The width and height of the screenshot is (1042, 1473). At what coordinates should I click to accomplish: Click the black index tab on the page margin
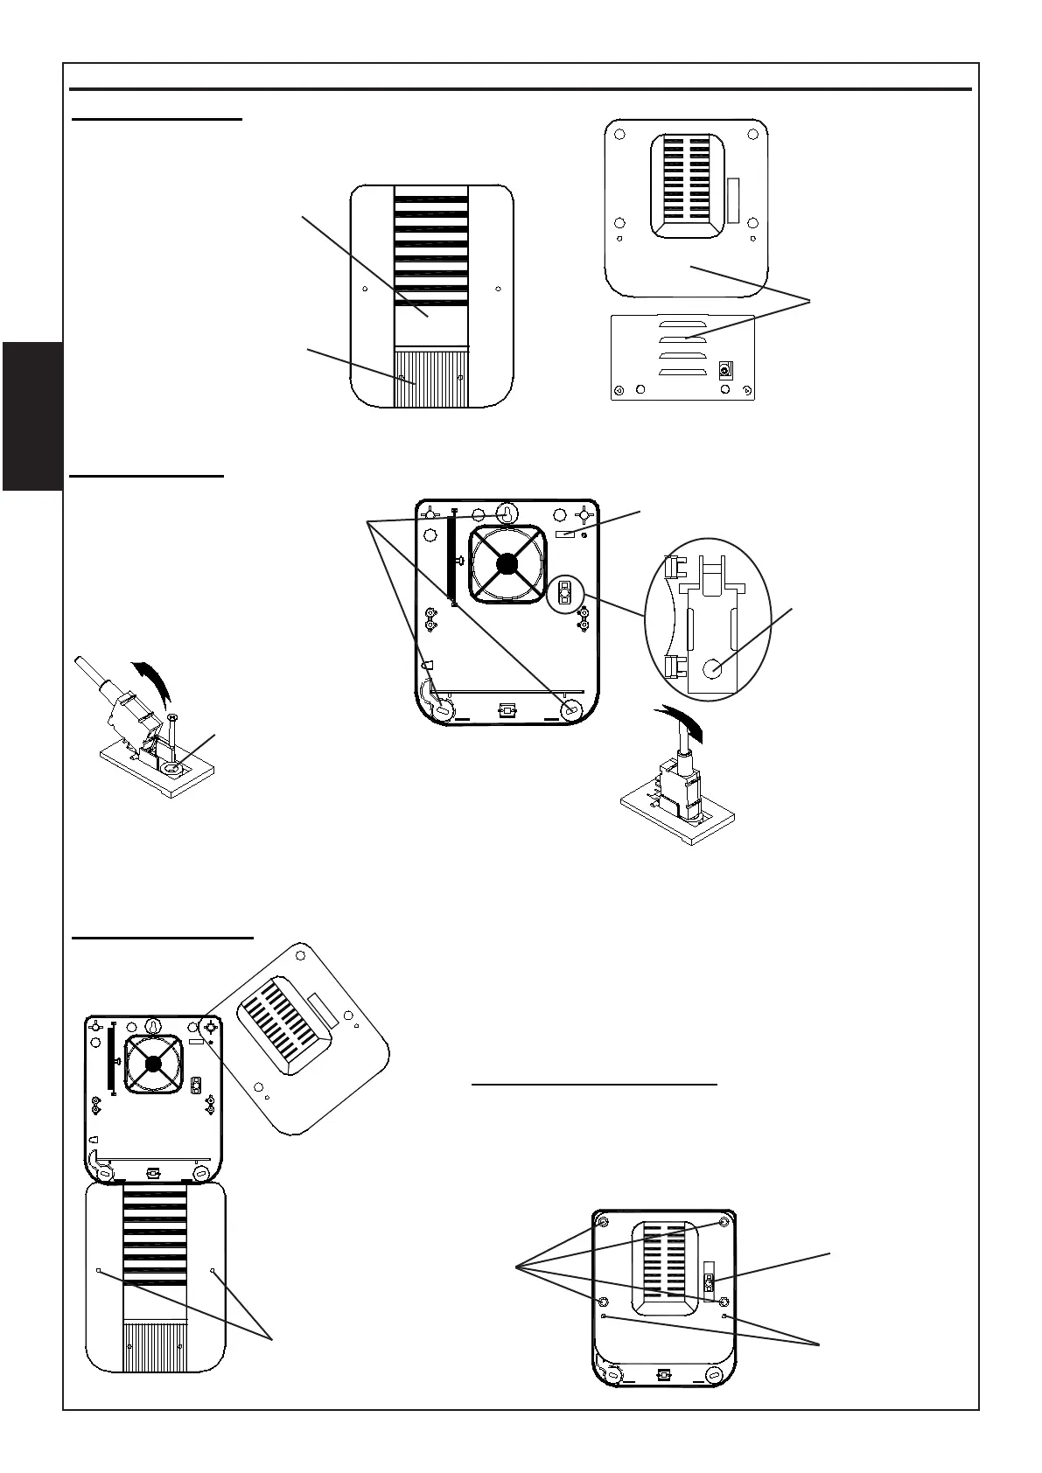[x=31, y=416]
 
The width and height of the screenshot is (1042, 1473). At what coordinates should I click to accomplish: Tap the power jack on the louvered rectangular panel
[x=724, y=371]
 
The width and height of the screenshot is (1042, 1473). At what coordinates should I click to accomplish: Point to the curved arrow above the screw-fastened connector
[x=153, y=680]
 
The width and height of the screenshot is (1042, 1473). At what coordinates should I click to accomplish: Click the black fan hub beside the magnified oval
[x=507, y=565]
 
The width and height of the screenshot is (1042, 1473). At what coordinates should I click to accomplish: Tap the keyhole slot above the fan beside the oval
[x=507, y=513]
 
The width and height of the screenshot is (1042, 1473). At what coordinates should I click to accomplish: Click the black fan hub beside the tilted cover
[x=154, y=1064]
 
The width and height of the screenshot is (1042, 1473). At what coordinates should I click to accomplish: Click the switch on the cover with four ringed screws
[x=709, y=1285]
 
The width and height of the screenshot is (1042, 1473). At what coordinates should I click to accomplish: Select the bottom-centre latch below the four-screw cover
[x=663, y=1375]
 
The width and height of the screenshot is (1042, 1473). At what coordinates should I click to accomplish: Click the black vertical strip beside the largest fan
[x=451, y=560]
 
